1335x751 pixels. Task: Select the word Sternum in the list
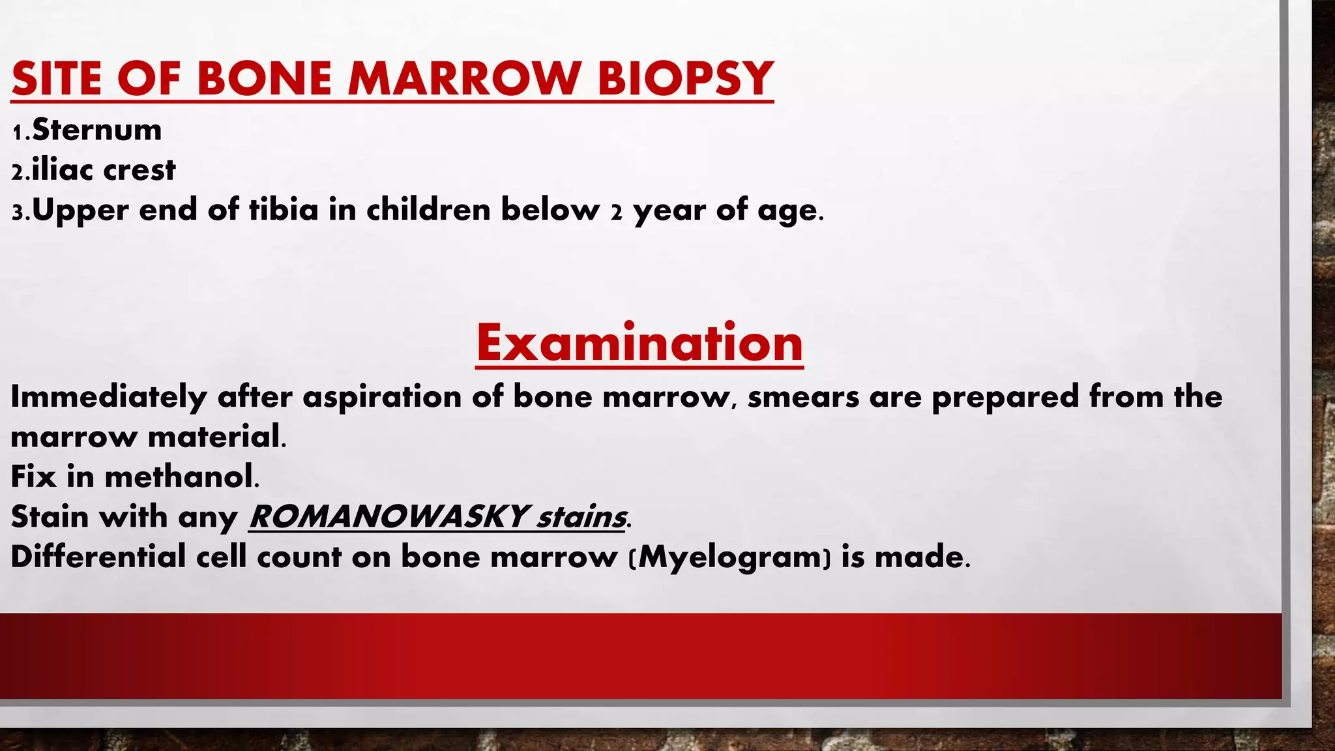pos(96,130)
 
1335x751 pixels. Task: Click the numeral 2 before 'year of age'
pos(616,213)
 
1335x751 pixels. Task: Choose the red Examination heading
pos(639,343)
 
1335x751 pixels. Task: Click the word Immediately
pos(108,397)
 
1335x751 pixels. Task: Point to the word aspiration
pos(382,397)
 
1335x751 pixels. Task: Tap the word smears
pos(803,397)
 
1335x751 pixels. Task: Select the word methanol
pos(179,477)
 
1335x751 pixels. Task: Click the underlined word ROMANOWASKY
pos(388,517)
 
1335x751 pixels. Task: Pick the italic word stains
pos(580,517)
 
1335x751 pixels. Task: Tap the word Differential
pos(98,557)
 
